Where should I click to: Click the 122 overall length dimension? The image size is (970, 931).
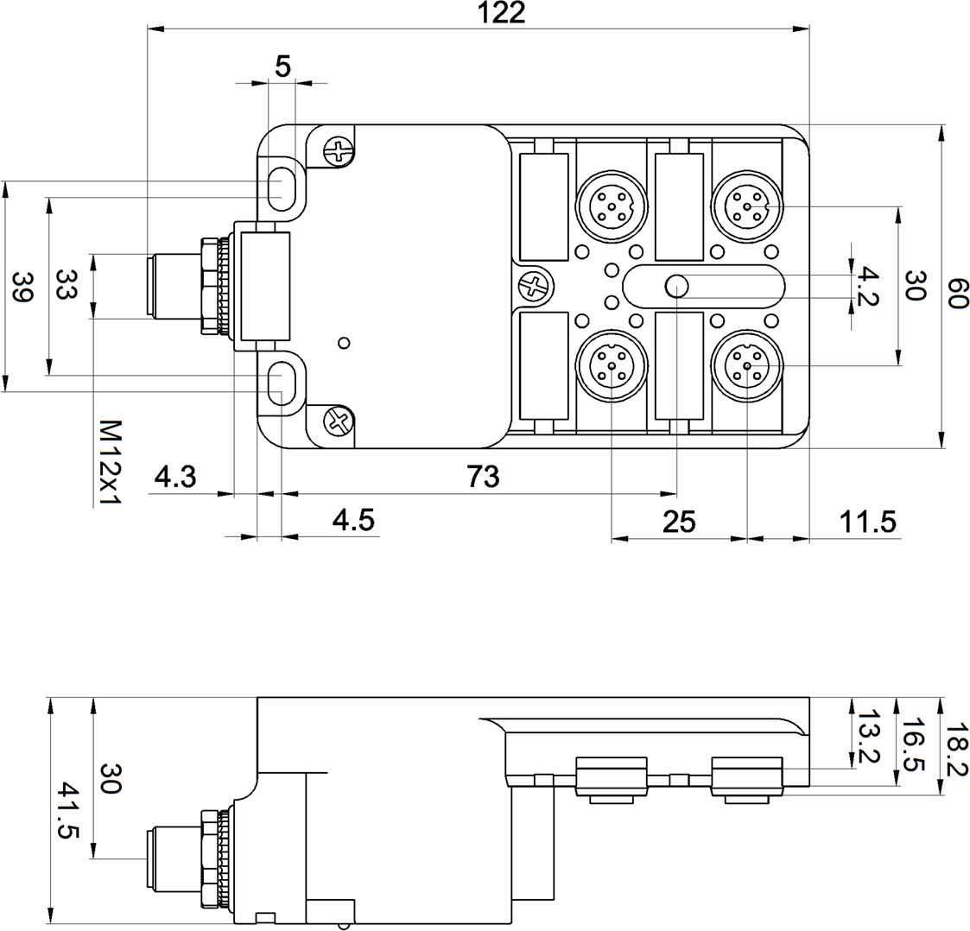tap(505, 13)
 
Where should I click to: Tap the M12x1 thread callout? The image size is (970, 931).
tap(109, 462)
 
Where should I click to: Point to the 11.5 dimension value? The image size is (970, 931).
tap(868, 521)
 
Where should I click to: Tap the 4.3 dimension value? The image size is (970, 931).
tap(175, 476)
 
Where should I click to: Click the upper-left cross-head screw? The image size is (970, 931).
tap(339, 153)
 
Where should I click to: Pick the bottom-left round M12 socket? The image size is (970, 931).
tap(610, 366)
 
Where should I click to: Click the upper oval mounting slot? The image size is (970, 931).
tap(281, 187)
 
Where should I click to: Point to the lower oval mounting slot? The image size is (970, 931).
tap(281, 383)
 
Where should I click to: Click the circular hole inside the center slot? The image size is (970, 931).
tap(675, 285)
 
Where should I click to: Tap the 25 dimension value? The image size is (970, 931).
tap(678, 521)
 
